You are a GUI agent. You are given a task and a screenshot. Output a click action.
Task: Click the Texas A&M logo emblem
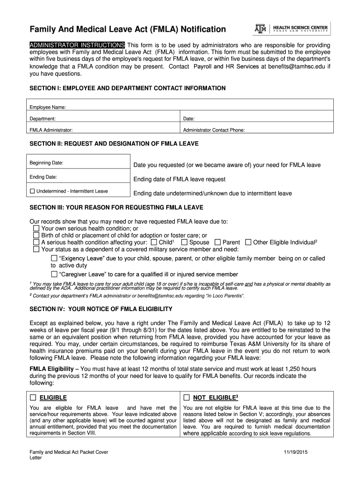tap(260, 29)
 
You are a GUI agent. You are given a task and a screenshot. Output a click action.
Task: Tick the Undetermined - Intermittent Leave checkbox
tap(32, 191)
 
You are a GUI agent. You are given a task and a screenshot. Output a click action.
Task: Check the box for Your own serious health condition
tap(36, 228)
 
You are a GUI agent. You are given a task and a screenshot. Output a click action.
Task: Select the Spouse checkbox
tap(185, 242)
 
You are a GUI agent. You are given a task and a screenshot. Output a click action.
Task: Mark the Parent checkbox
tap(218, 242)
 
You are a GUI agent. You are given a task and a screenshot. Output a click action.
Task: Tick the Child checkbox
tap(154, 242)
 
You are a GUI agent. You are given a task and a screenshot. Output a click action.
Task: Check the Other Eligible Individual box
tap(248, 242)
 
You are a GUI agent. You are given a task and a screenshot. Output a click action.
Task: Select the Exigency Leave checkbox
tap(54, 258)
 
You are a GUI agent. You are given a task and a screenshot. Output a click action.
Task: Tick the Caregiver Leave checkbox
tap(54, 274)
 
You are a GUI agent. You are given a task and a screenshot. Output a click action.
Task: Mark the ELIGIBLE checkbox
tap(33, 398)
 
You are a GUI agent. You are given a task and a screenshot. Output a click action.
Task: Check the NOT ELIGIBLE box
tap(187, 398)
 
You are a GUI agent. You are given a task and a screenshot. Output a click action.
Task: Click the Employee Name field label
tap(48, 108)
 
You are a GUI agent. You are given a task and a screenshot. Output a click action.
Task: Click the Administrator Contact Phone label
tap(214, 131)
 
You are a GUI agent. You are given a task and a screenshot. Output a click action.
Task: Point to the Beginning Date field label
tap(46, 163)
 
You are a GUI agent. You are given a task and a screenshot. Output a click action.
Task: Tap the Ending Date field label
tap(43, 177)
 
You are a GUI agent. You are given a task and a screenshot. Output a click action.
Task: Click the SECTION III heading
tap(116, 207)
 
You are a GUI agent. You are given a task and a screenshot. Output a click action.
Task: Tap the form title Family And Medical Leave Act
tap(128, 30)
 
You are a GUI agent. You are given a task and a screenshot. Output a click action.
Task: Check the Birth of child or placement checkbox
tap(36, 235)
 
